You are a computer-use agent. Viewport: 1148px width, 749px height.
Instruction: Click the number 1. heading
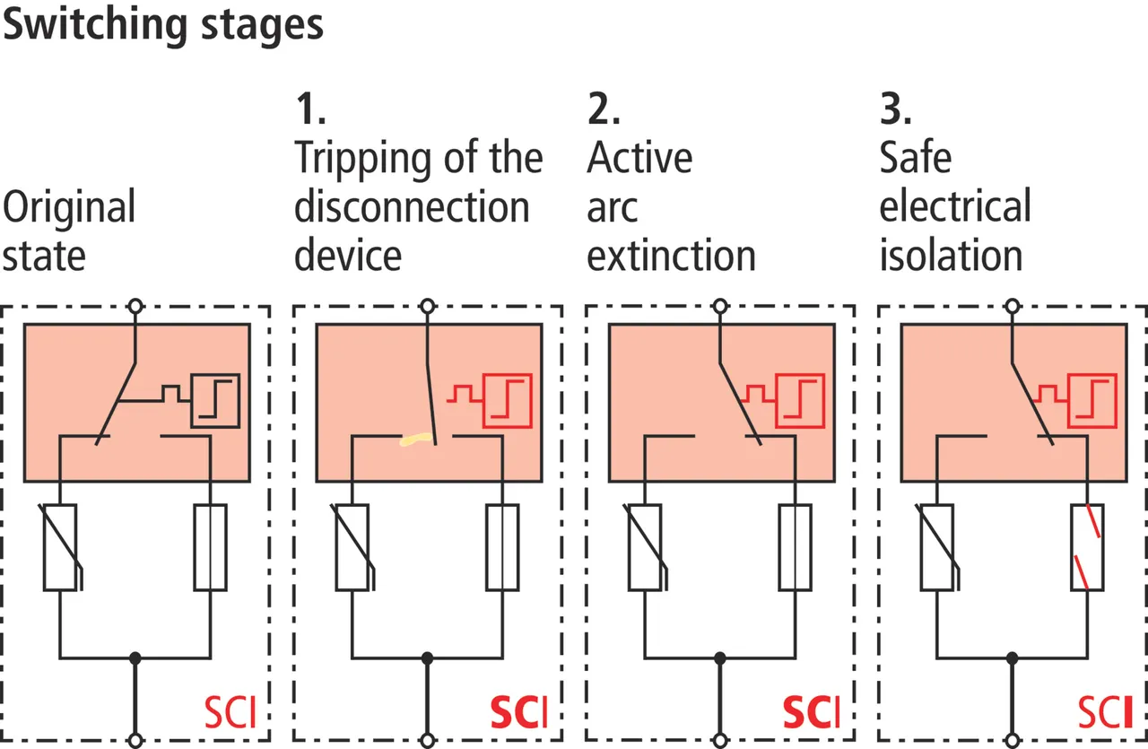coord(309,109)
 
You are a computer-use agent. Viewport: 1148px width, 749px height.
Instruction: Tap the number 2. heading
coord(604,109)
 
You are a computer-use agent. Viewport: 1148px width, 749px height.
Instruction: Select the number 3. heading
coord(895,109)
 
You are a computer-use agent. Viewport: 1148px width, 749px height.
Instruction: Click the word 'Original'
coord(69,208)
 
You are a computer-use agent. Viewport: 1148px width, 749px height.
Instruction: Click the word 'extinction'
coord(671,256)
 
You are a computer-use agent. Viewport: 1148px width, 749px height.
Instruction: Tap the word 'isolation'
coord(951,256)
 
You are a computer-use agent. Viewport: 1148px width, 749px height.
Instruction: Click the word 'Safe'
coord(915,159)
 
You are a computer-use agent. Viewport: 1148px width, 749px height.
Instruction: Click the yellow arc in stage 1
coord(416,440)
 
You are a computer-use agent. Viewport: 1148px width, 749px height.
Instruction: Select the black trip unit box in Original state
coord(215,399)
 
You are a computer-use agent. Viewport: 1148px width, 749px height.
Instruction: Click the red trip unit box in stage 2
coord(800,399)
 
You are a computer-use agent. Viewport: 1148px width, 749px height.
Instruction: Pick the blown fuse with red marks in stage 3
coord(1088,546)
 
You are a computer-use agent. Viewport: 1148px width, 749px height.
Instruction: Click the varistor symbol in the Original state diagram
coord(60,546)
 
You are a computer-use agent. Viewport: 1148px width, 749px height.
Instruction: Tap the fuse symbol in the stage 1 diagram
coord(503,546)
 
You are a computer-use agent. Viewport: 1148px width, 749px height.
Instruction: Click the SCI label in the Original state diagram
coord(230,713)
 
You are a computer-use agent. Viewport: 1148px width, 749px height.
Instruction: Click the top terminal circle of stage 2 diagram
coord(720,306)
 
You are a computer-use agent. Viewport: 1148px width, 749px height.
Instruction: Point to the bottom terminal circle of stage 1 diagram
coord(428,740)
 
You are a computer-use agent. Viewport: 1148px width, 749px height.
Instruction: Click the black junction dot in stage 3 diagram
coord(1013,658)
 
